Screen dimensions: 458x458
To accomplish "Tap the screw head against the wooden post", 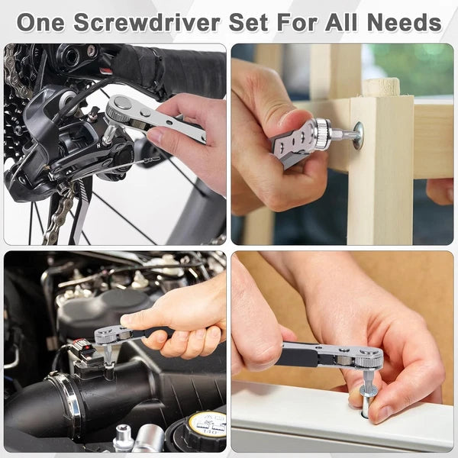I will coord(358,136).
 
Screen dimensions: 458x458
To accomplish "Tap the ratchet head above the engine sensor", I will coord(107,334).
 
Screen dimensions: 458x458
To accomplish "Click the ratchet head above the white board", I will coord(367,357).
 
